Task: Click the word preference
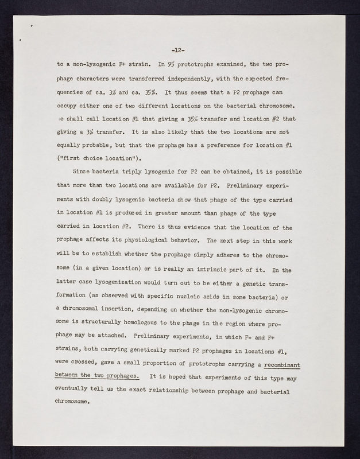[243, 147]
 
